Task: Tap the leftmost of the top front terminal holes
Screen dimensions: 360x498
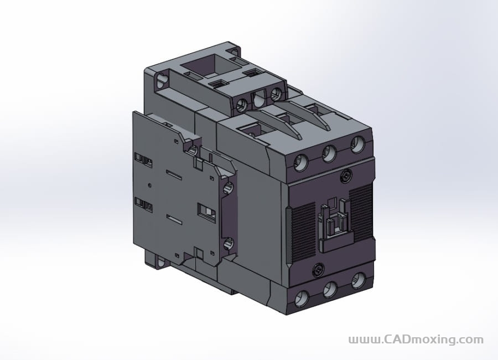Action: coord(302,162)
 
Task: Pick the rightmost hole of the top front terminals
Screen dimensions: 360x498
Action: coord(357,145)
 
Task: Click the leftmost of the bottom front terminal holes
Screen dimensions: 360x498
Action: coord(302,299)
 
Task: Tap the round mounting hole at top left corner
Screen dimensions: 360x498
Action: coord(162,82)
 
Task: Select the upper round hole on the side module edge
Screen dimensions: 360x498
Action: coord(226,188)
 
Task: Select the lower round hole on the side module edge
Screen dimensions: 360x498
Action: coord(227,242)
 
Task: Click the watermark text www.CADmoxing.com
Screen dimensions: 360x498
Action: coord(416,340)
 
